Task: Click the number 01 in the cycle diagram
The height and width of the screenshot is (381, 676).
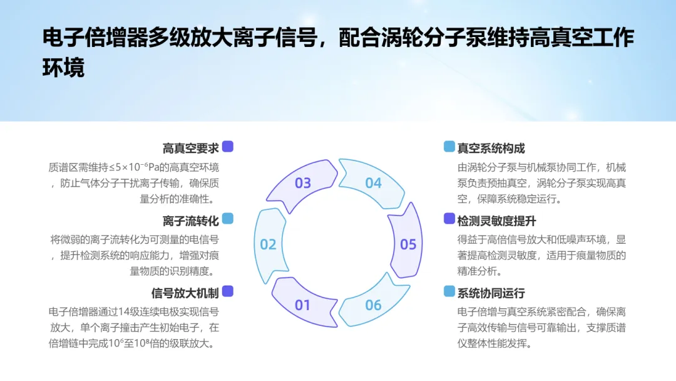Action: point(302,305)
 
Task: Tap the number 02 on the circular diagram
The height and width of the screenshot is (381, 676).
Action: point(268,244)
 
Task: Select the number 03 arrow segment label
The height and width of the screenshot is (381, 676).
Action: point(303,183)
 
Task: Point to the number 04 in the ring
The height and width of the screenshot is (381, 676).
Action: point(373,183)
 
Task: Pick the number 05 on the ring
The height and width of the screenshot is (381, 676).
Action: point(408,244)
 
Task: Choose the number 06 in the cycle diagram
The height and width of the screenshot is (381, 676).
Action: point(373,305)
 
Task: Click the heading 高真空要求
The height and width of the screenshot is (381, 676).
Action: point(190,149)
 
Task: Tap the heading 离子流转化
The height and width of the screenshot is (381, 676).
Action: point(190,221)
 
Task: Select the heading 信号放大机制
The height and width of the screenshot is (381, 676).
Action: point(185,293)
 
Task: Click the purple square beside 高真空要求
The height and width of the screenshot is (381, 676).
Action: point(228,147)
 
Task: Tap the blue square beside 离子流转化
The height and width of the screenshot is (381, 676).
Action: point(228,219)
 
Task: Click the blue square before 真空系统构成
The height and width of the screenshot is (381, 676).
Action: point(449,147)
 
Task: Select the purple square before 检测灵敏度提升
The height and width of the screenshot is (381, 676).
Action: point(449,219)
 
